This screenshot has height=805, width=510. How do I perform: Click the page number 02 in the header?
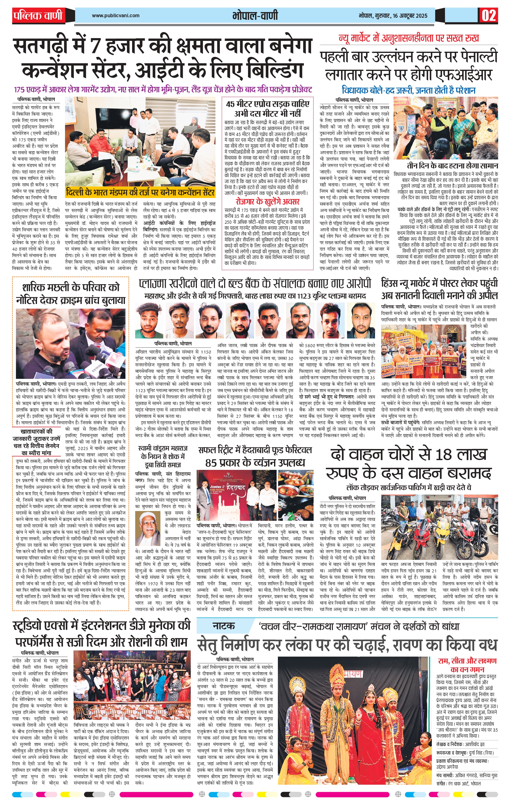[489, 16]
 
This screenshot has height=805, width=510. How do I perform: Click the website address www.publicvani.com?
[116, 15]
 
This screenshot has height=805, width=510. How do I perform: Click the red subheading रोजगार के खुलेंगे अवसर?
[267, 202]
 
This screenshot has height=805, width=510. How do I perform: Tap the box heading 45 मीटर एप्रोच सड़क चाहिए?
[268, 104]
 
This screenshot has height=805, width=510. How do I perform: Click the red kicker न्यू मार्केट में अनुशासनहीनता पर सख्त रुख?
[409, 38]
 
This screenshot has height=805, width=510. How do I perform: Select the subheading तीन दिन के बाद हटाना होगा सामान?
[452, 166]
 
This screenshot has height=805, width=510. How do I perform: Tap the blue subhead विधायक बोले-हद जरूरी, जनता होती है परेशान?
[408, 90]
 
